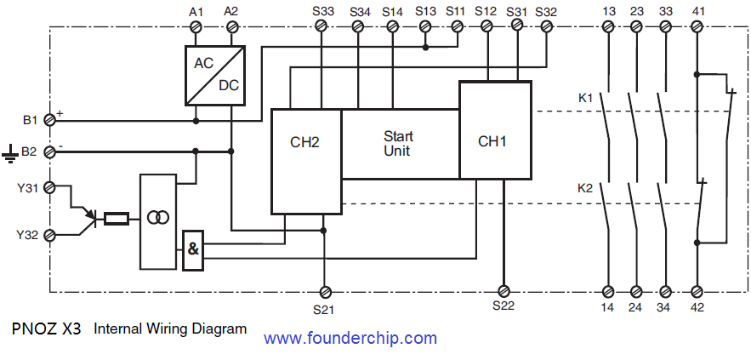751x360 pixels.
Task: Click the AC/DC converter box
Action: click(x=214, y=75)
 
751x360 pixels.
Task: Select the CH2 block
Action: click(x=305, y=161)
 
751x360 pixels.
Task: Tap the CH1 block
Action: click(x=494, y=130)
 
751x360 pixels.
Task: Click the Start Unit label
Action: click(x=397, y=144)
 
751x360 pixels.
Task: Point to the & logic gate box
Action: click(x=193, y=249)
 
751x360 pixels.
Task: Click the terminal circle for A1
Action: click(x=197, y=27)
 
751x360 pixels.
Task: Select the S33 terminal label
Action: click(x=322, y=12)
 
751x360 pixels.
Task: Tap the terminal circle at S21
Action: click(x=323, y=290)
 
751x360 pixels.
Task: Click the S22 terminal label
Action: click(x=504, y=306)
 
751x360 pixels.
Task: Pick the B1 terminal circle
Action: click(x=48, y=120)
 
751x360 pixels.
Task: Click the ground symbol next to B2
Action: click(x=10, y=153)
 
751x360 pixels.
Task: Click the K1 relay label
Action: click(x=585, y=98)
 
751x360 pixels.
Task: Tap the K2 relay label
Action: click(x=585, y=188)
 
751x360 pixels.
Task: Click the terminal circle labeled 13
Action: click(x=608, y=27)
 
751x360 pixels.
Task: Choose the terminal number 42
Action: click(x=697, y=306)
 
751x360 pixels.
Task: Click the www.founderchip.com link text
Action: click(x=350, y=338)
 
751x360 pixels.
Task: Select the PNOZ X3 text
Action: click(x=47, y=328)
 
